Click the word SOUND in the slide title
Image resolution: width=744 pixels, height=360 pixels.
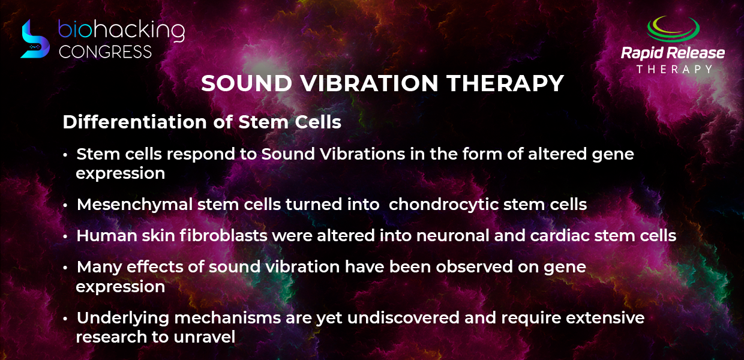(x=247, y=83)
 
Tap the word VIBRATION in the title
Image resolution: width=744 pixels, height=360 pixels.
(x=370, y=83)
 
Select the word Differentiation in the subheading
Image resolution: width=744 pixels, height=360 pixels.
(x=135, y=122)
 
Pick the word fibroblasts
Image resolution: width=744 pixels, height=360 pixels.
(x=224, y=235)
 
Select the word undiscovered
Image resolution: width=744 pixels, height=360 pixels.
(x=403, y=318)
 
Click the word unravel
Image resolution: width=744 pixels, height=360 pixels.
(x=204, y=337)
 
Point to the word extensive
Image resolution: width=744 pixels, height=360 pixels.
(x=605, y=318)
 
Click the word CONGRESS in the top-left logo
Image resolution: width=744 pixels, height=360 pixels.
(x=105, y=52)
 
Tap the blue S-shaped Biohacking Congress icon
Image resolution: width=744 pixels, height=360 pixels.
(x=35, y=39)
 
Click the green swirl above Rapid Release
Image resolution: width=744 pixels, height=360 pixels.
(x=673, y=29)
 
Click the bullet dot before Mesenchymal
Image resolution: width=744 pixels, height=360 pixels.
(x=65, y=206)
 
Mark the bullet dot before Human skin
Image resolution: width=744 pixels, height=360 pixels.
(x=65, y=236)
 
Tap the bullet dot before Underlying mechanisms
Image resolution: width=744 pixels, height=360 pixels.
(x=65, y=319)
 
